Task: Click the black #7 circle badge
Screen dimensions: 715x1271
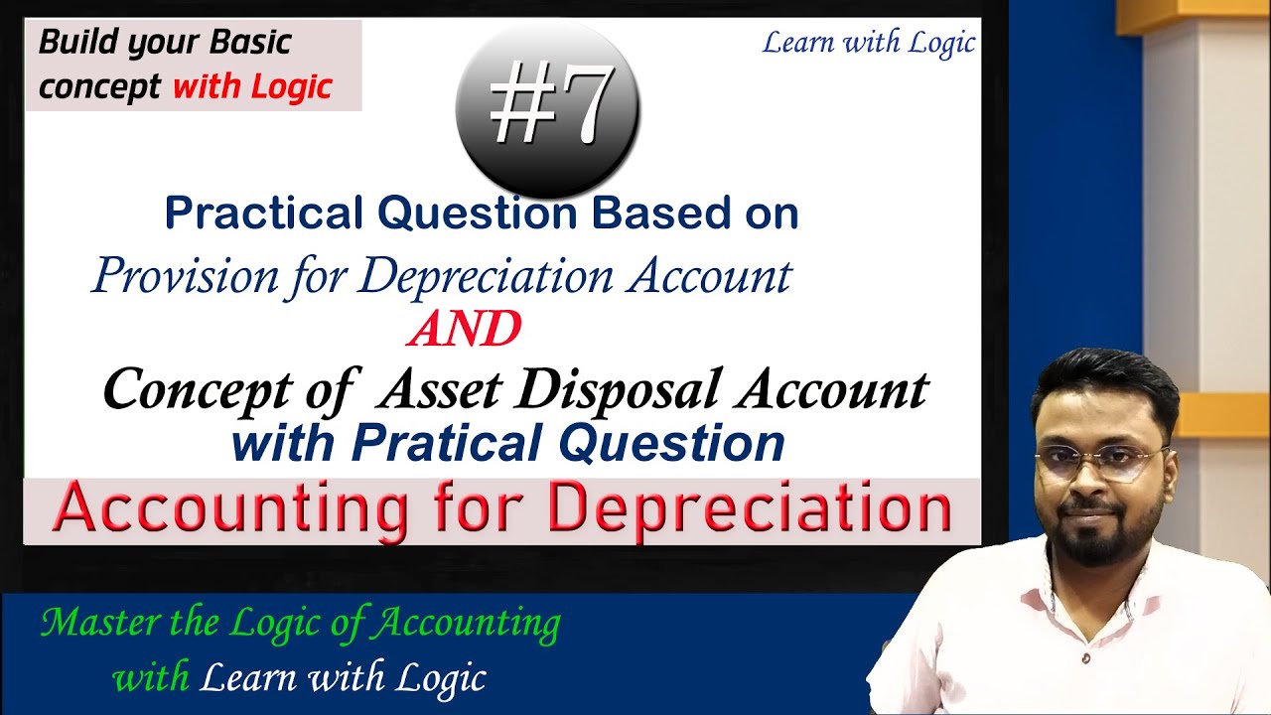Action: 547,110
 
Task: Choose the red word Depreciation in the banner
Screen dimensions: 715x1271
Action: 749,509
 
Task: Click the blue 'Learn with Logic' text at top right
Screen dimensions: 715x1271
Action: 868,44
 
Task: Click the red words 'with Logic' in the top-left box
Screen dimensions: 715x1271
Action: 251,86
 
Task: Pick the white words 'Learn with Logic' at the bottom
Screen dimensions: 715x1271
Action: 343,678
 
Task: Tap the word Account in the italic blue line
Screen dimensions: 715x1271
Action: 709,275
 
